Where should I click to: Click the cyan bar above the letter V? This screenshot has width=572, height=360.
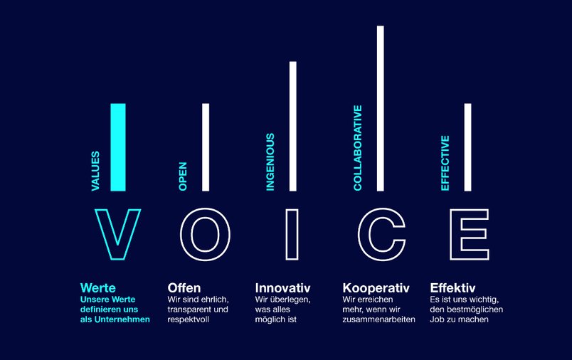click(x=118, y=147)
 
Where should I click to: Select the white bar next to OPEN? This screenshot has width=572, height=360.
click(x=206, y=147)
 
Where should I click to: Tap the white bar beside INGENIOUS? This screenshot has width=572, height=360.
click(x=293, y=126)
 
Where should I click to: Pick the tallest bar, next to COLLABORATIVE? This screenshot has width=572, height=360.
click(x=381, y=108)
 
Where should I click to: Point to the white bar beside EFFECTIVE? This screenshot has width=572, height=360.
click(x=467, y=147)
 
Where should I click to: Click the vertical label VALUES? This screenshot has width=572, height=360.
click(x=95, y=171)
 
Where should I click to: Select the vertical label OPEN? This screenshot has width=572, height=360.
click(x=183, y=176)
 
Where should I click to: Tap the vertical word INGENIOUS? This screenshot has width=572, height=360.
click(x=270, y=162)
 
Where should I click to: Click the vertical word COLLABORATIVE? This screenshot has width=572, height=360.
click(x=357, y=148)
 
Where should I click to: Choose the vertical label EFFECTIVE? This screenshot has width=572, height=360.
click(x=445, y=163)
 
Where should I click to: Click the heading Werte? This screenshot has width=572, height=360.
click(x=97, y=287)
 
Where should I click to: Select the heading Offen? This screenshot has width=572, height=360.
click(x=184, y=287)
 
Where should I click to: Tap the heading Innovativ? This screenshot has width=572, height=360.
click(x=282, y=287)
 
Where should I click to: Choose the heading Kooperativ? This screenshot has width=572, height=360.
click(x=376, y=288)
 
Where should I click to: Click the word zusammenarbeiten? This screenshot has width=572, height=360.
click(x=378, y=319)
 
